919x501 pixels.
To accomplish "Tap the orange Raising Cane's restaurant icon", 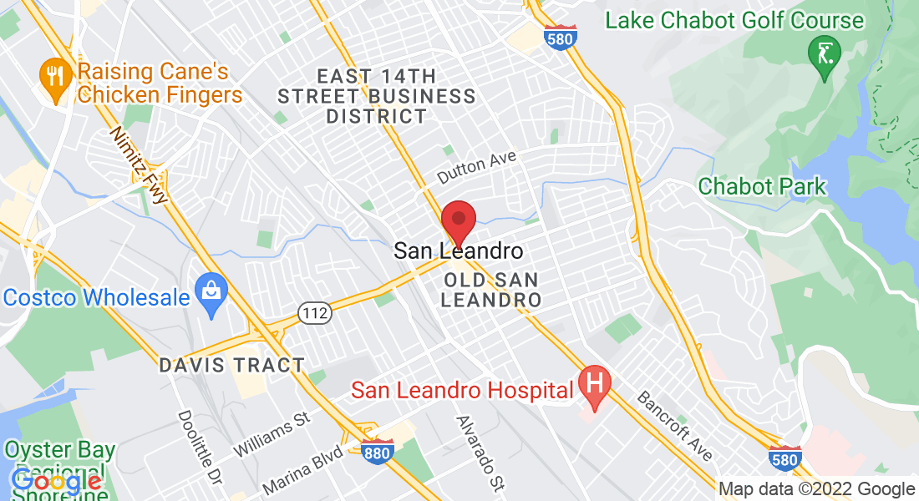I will coord(56,78).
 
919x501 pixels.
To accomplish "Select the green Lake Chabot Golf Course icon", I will coord(825,56).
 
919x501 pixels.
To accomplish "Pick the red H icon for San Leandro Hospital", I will coord(595,385).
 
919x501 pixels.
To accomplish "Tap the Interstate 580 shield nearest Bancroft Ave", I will coord(785,458).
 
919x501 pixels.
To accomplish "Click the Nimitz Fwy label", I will coord(140,164).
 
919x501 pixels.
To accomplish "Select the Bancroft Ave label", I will coord(675,424).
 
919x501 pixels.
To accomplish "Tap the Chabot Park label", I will coord(762,186).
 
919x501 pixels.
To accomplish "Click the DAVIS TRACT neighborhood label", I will coord(232,366).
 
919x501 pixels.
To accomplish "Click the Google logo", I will coord(57,482).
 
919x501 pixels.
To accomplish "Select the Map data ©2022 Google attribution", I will coord(816,489).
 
